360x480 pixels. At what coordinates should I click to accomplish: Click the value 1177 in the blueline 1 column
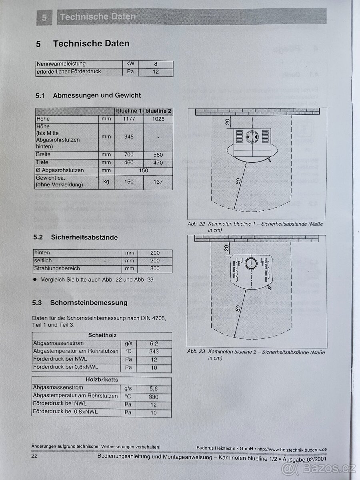click(129, 119)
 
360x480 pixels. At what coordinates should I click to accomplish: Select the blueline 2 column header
click(158, 111)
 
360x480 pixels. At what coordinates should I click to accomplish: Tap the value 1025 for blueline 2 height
click(158, 119)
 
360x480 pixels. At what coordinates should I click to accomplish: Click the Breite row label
click(43, 154)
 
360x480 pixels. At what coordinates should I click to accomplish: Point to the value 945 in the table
click(129, 136)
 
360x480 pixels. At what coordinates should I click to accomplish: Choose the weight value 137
click(158, 182)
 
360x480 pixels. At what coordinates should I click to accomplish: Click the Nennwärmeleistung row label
click(61, 64)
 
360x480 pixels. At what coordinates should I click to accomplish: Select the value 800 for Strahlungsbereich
click(155, 268)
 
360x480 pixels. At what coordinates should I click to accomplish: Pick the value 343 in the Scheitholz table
click(154, 351)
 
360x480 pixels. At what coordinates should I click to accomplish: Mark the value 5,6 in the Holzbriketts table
click(154, 388)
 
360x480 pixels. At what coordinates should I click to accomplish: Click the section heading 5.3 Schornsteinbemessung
click(80, 303)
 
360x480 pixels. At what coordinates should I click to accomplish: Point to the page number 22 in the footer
click(35, 456)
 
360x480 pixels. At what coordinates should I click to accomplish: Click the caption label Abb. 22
click(196, 224)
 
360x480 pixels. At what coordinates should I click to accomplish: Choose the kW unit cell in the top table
click(130, 64)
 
